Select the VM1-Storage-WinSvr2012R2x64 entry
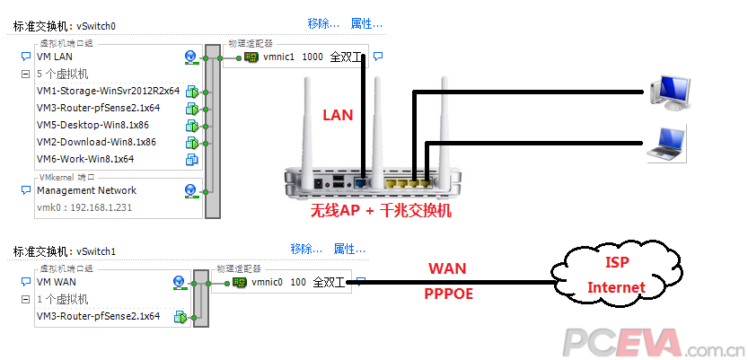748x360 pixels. pos(108,91)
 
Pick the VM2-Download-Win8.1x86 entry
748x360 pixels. pos(96,142)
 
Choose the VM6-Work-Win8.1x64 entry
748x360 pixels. pos(85,159)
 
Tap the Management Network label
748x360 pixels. pos(87,190)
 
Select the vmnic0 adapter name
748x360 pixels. pos(268,283)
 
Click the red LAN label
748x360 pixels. pos(338,115)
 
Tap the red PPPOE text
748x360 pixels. pos(448,294)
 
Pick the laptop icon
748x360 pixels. pos(668,145)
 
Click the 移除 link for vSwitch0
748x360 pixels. pos(323,23)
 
